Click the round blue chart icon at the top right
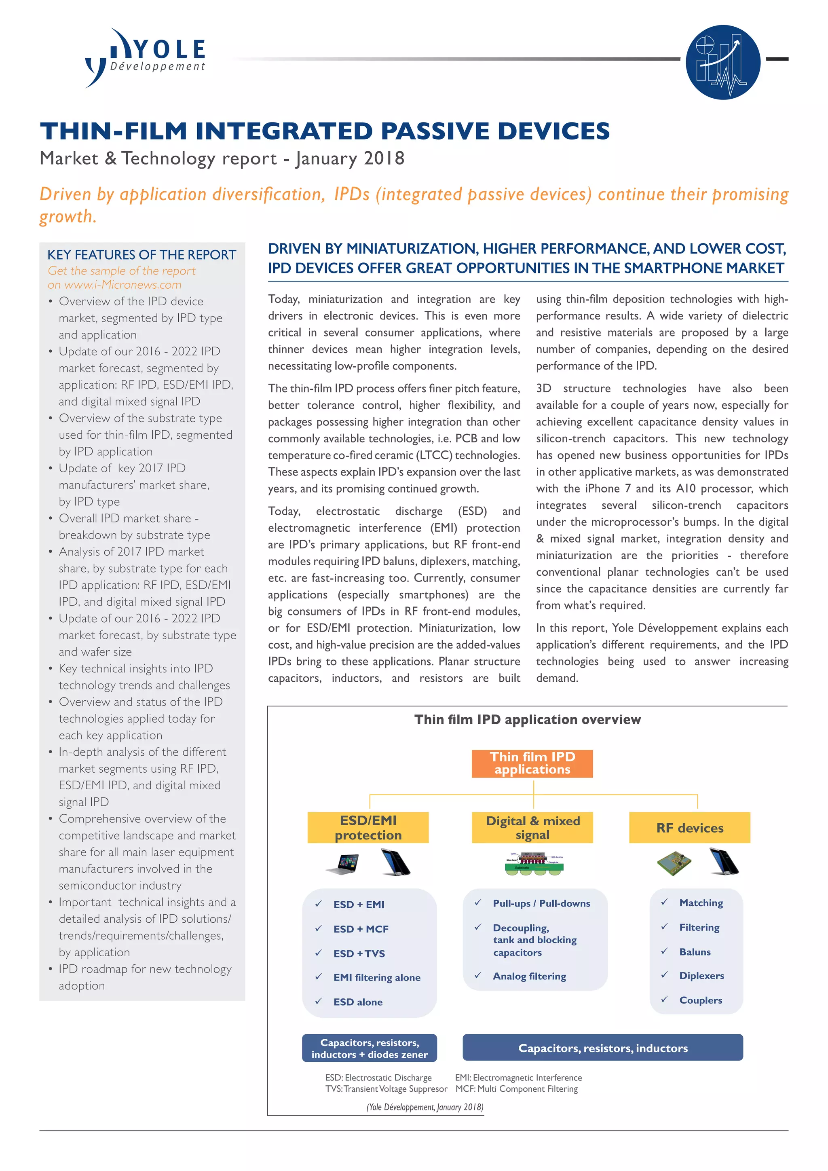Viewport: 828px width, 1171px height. [x=722, y=62]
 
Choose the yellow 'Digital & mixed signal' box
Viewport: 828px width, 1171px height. [x=532, y=827]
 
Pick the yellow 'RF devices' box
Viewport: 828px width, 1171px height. [x=689, y=827]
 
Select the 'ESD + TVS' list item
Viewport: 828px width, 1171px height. [x=359, y=953]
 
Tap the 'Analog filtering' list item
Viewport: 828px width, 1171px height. [x=529, y=976]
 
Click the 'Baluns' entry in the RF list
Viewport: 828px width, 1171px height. [x=695, y=952]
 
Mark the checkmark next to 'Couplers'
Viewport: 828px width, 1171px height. [x=664, y=999]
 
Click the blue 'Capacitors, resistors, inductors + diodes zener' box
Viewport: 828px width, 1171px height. [x=369, y=1048]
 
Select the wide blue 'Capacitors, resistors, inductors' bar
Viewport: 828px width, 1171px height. [x=603, y=1048]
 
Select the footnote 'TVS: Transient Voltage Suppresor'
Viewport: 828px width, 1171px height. [x=386, y=1089]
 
